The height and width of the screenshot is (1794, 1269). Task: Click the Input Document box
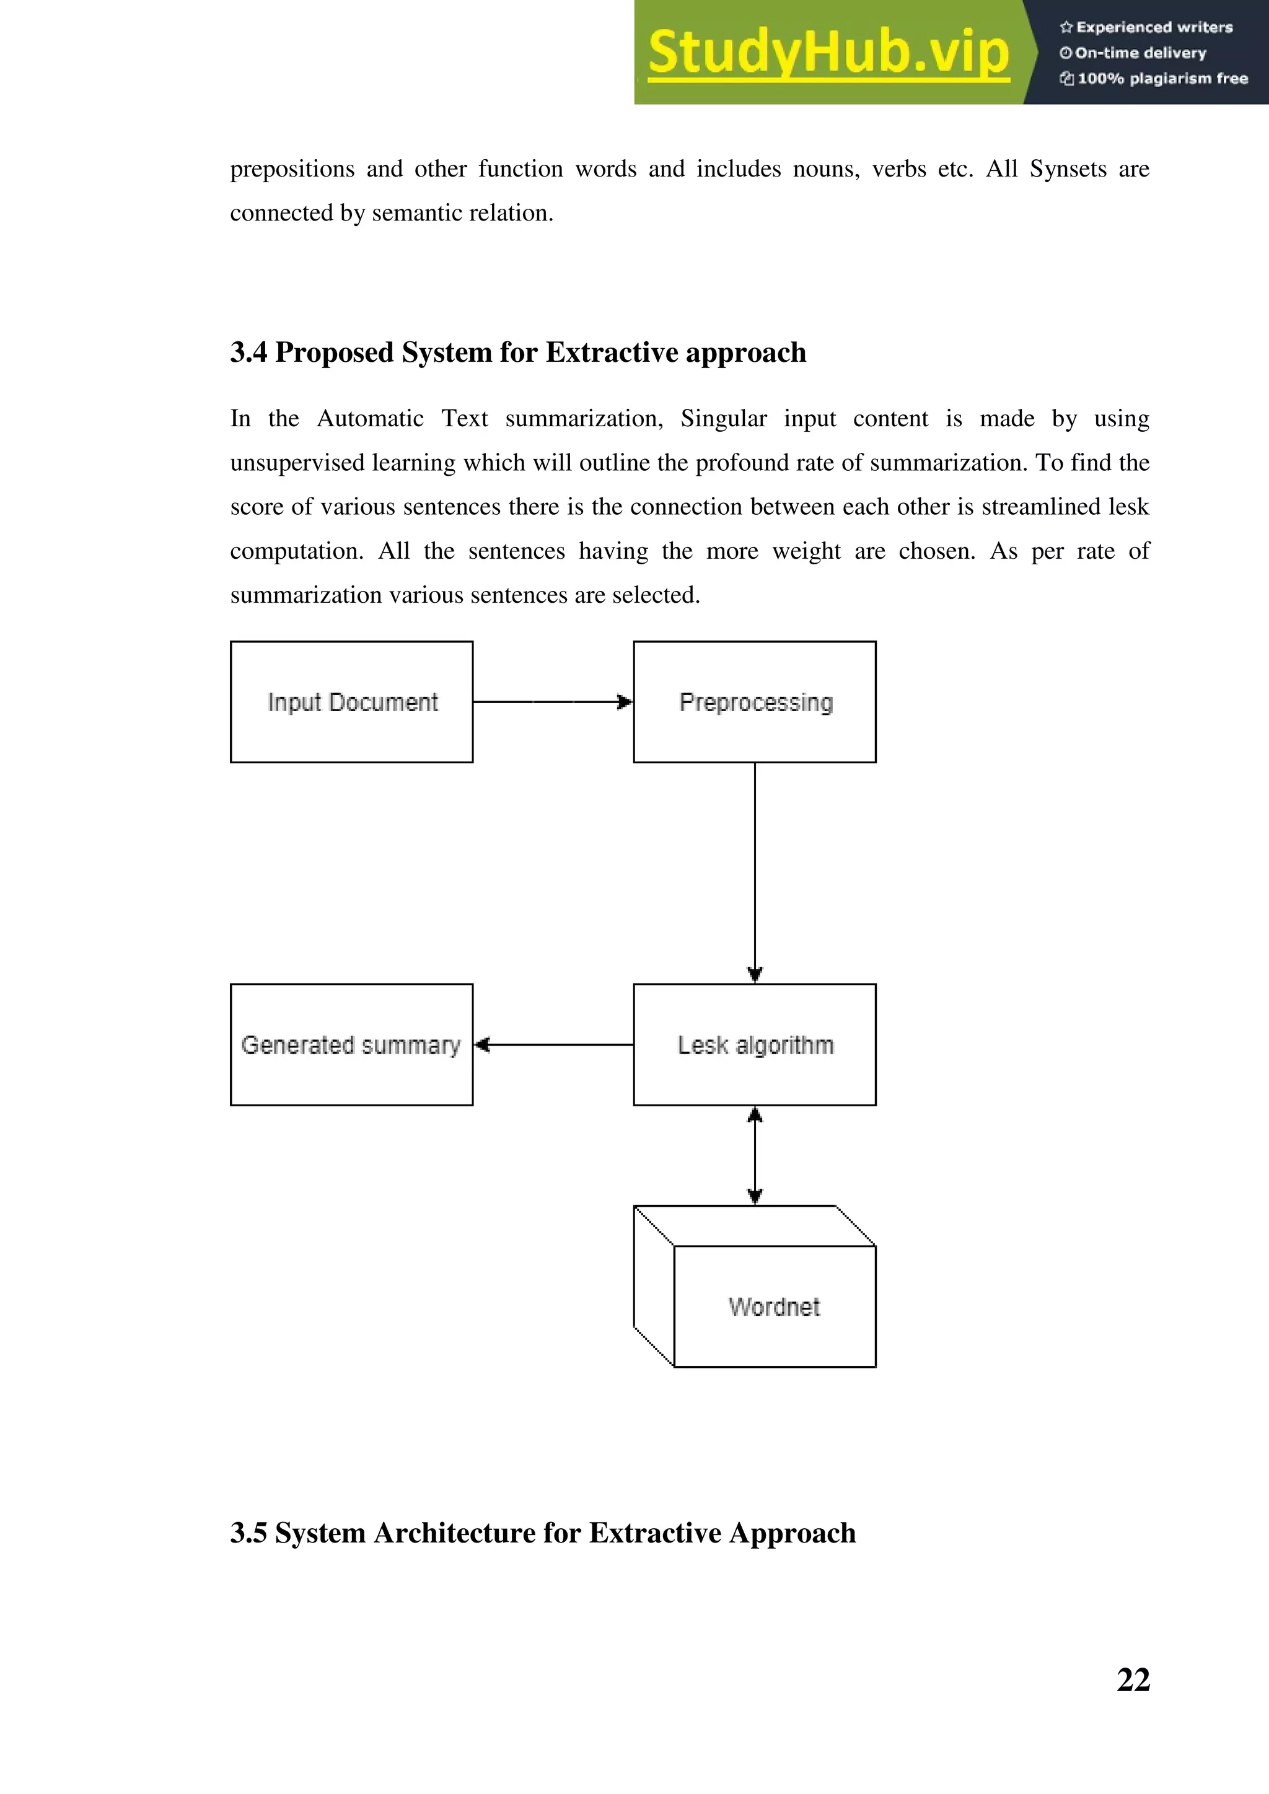pyautogui.click(x=351, y=702)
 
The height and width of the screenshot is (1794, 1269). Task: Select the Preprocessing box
pyautogui.click(x=754, y=702)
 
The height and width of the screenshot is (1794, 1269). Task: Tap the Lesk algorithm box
pyautogui.click(x=754, y=1044)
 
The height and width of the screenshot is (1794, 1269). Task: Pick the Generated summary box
pyautogui.click(x=351, y=1044)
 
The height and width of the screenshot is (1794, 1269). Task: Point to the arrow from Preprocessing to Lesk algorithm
pyautogui.click(x=755, y=871)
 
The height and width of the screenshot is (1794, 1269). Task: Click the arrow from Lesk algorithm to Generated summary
pyautogui.click(x=553, y=1044)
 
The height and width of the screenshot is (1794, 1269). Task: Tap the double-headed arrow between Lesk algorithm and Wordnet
pyautogui.click(x=755, y=1155)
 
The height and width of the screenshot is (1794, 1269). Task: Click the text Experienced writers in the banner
pyautogui.click(x=1154, y=27)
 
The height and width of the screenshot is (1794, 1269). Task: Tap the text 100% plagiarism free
pyautogui.click(x=1162, y=78)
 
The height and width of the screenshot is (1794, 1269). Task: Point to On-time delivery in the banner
pyautogui.click(x=1140, y=53)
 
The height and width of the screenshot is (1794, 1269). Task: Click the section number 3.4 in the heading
pyautogui.click(x=248, y=352)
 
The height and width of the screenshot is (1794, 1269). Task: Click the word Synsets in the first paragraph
pyautogui.click(x=1068, y=168)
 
